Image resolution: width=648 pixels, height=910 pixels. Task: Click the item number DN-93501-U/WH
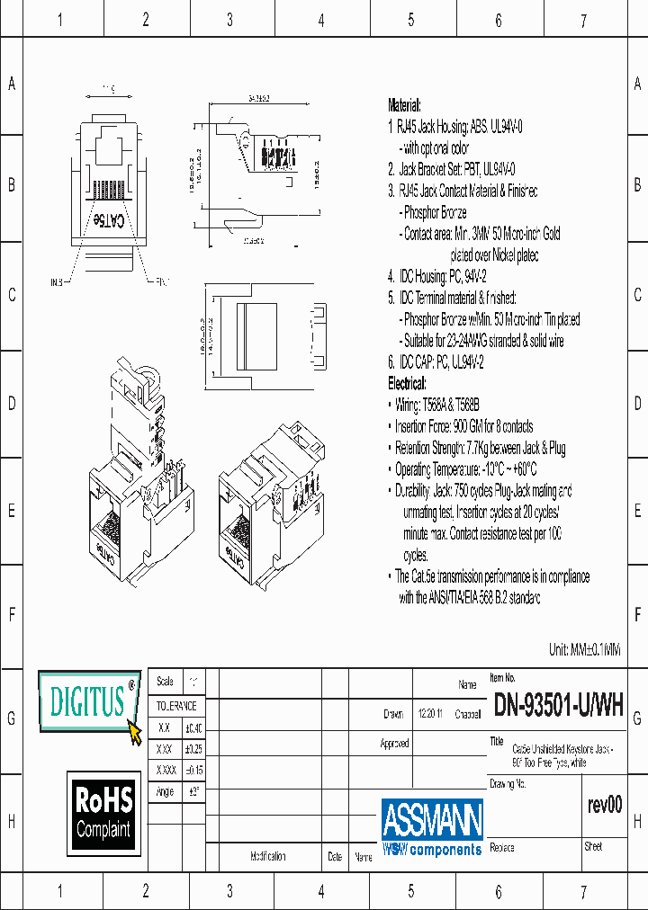click(558, 706)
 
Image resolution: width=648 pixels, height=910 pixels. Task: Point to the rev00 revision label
click(604, 805)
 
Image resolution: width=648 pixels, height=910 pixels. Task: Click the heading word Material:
click(404, 105)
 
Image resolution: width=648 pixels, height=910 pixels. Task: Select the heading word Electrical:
click(408, 383)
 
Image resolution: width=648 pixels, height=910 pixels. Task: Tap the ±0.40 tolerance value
click(193, 727)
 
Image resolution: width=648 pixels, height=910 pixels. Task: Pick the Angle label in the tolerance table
click(165, 791)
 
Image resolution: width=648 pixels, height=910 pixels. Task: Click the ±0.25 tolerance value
click(193, 748)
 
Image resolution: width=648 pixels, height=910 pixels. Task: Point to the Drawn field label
click(393, 714)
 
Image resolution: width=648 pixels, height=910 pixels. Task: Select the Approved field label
click(394, 744)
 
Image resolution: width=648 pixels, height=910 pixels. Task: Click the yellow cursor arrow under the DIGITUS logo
click(135, 733)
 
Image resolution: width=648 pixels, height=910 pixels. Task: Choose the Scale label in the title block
click(165, 682)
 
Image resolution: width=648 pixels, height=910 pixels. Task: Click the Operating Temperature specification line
click(465, 469)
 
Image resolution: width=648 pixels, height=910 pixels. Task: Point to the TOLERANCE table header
click(175, 706)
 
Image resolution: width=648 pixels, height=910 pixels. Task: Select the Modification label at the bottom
click(268, 857)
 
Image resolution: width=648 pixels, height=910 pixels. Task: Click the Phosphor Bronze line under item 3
click(435, 212)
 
